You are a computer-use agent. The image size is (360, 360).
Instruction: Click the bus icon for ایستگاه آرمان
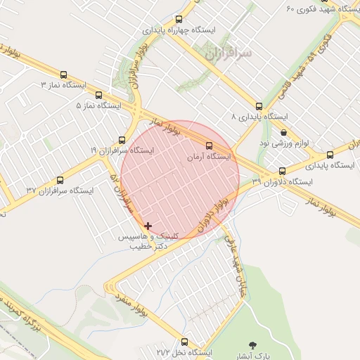click(207, 146)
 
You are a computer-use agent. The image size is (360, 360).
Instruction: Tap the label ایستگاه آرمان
click(209, 157)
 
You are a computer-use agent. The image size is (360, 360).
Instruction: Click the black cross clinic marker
click(148, 226)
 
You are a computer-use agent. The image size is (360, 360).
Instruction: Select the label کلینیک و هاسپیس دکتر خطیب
click(153, 241)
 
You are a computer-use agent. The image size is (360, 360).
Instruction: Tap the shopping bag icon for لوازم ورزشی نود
click(283, 132)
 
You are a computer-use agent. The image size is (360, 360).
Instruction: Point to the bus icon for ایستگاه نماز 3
click(64, 75)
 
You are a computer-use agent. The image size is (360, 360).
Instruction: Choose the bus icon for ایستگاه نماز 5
click(98, 95)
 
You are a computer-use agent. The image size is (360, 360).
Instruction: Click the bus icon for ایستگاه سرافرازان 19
click(122, 140)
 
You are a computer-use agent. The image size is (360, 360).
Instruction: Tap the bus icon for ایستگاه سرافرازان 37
click(60, 180)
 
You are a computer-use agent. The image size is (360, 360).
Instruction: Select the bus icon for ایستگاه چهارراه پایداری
click(179, 20)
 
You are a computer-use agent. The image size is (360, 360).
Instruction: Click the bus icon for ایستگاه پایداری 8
click(259, 106)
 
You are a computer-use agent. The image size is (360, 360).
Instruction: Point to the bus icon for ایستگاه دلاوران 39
click(282, 171)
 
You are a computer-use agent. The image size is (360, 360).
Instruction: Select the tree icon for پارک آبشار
click(252, 345)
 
